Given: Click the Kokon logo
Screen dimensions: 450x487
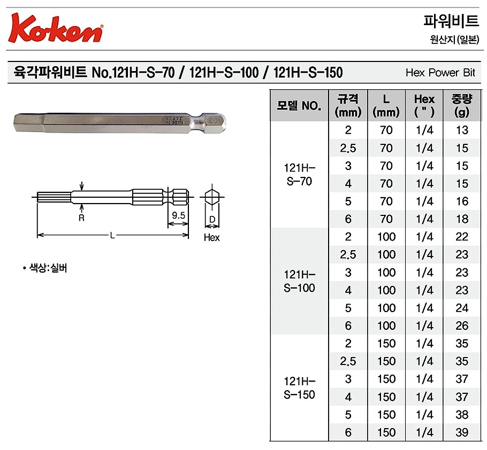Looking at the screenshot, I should (56, 28).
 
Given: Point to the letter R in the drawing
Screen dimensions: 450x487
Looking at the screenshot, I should (81, 218).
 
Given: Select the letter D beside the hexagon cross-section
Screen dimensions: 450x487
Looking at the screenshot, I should (212, 220).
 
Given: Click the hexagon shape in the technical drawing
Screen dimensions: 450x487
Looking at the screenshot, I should (212, 197).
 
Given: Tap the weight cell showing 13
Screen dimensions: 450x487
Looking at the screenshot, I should (461, 130).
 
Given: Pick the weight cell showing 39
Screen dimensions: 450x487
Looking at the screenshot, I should (461, 432).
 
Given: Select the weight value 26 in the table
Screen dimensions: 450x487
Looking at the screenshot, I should (461, 325).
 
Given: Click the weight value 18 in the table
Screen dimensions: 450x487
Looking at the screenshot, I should (461, 219).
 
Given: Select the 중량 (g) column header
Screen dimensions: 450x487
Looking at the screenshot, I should (461, 105).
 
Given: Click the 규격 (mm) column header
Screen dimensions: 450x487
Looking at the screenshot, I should (348, 105).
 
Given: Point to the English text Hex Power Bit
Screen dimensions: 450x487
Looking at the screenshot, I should (440, 73).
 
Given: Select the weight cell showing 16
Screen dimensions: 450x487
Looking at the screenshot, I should (461, 201).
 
